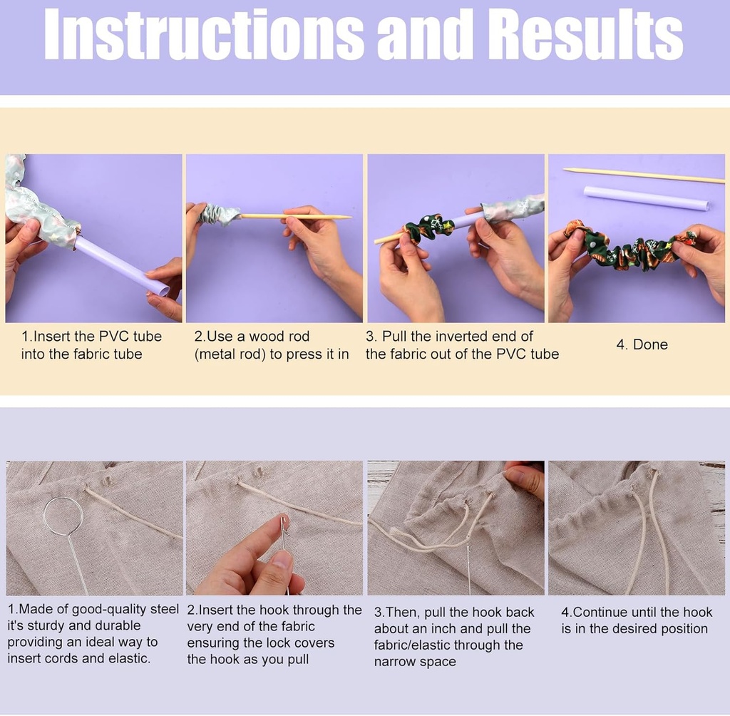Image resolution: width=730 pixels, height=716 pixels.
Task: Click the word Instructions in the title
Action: point(204,34)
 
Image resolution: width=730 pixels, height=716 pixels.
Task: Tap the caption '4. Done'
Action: point(642,344)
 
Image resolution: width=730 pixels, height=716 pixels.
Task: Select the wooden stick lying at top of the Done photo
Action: point(644,175)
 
